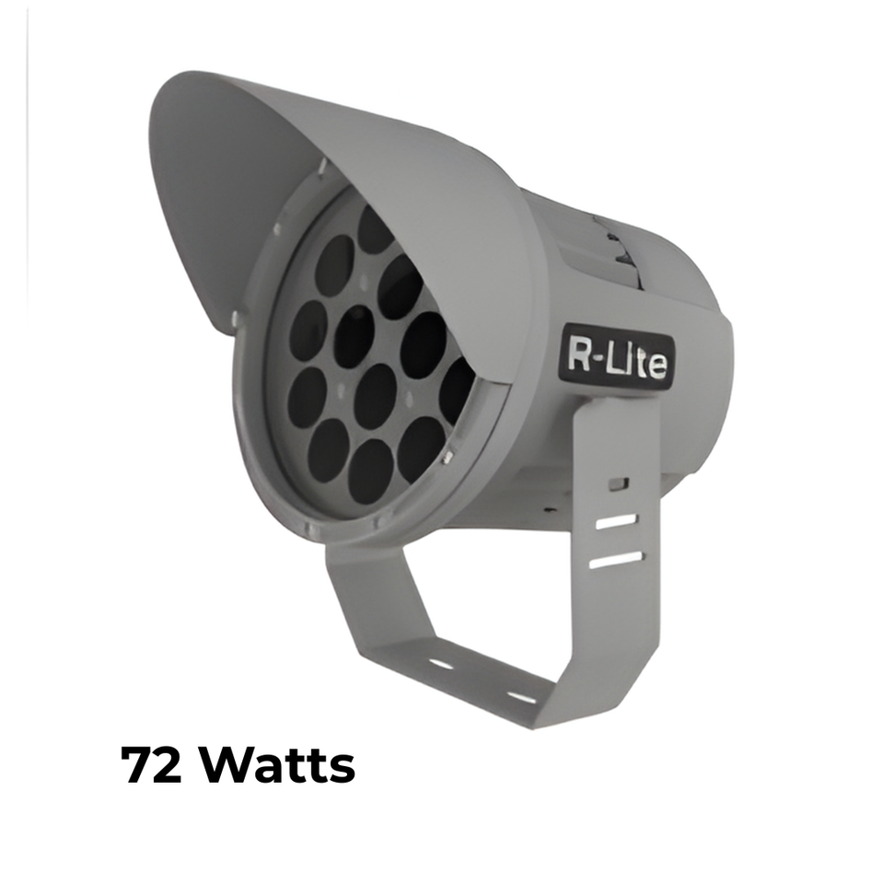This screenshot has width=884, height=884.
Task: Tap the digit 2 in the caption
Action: [x=167, y=765]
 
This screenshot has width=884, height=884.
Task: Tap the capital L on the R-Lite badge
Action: [x=613, y=358]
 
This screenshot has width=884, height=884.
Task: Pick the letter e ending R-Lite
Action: [x=657, y=366]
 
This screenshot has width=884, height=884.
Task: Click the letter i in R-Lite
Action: [x=628, y=361]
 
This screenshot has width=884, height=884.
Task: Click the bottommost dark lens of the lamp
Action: [x=372, y=466]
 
